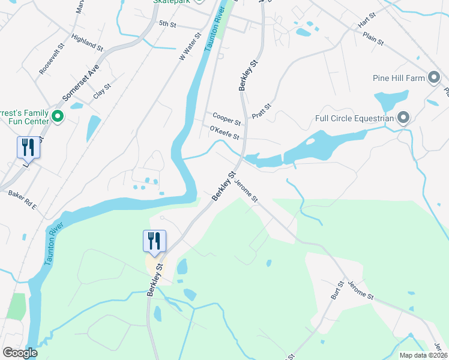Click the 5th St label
pyautogui.click(x=167, y=23)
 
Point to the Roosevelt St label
pyautogui.click(x=51, y=59)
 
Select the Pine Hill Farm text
pyautogui.click(x=399, y=78)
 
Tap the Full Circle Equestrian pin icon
pyautogui.click(x=403, y=118)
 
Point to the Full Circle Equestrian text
pyautogui.click(x=354, y=118)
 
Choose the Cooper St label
pyautogui.click(x=226, y=118)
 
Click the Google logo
pyautogui.click(x=20, y=353)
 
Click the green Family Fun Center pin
pyautogui.click(x=58, y=115)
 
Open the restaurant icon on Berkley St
pyautogui.click(x=152, y=241)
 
